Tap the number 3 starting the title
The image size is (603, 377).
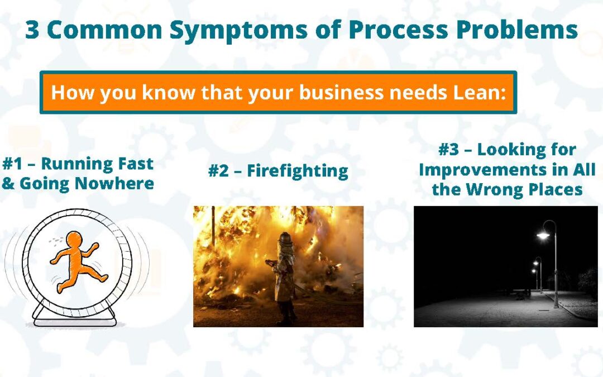tap(32, 30)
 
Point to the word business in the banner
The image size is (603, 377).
tap(342, 93)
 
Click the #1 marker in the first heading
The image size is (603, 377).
tap(13, 164)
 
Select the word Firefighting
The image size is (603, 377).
tap(297, 171)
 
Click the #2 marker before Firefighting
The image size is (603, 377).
tap(218, 171)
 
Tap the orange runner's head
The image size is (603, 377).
tap(74, 240)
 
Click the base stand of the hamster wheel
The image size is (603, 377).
tap(75, 317)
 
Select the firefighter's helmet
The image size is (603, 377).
tap(285, 238)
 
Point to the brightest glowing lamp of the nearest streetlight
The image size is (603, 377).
tap(543, 235)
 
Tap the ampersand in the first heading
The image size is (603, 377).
tap(8, 184)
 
